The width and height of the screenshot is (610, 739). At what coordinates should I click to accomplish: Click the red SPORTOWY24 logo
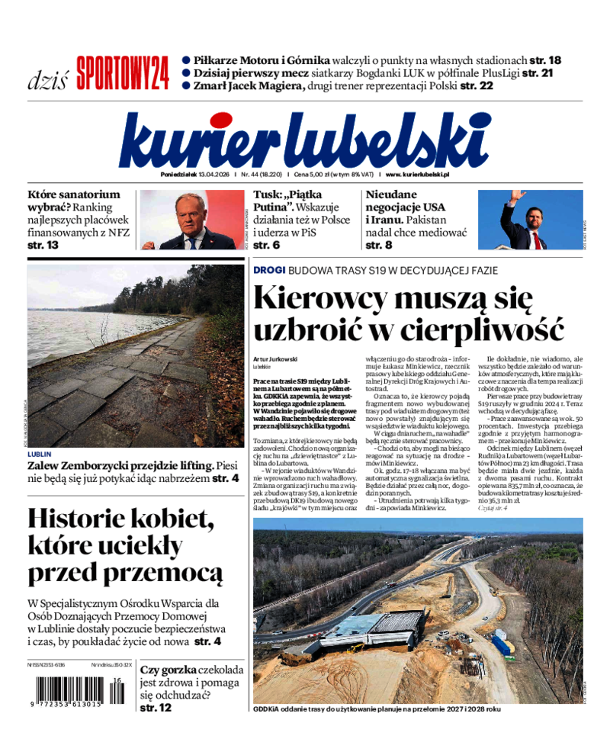(122, 73)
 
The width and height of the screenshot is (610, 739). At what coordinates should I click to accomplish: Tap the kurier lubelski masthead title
(304, 140)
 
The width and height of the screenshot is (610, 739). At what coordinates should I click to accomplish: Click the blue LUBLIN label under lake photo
(40, 454)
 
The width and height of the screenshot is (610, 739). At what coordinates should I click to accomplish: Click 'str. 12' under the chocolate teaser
(155, 708)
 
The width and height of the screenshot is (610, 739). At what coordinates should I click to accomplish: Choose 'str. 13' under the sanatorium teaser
(43, 245)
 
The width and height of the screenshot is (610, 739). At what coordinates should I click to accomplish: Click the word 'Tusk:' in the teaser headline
(268, 194)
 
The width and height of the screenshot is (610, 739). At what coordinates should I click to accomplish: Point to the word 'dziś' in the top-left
(47, 79)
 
